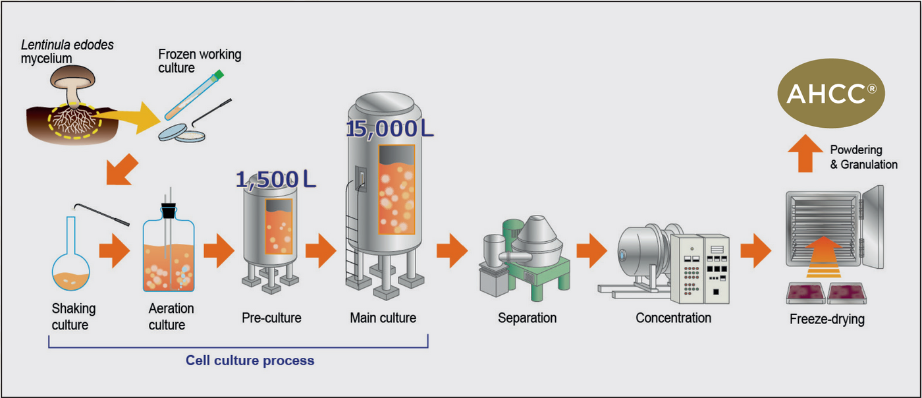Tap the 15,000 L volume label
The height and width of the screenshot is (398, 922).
(x=390, y=128)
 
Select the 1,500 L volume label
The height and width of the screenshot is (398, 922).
(x=276, y=179)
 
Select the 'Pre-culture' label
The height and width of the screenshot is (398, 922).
(x=271, y=318)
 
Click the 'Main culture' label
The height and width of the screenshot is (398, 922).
(x=383, y=318)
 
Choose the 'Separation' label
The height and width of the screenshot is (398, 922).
(x=527, y=318)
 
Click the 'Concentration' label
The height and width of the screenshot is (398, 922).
(x=673, y=318)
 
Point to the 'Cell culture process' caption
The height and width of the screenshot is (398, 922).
(x=250, y=360)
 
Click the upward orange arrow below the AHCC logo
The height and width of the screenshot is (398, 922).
(x=801, y=156)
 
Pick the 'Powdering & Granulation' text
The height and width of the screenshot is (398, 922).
(x=863, y=157)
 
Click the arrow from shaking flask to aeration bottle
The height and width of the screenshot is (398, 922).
(x=114, y=252)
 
